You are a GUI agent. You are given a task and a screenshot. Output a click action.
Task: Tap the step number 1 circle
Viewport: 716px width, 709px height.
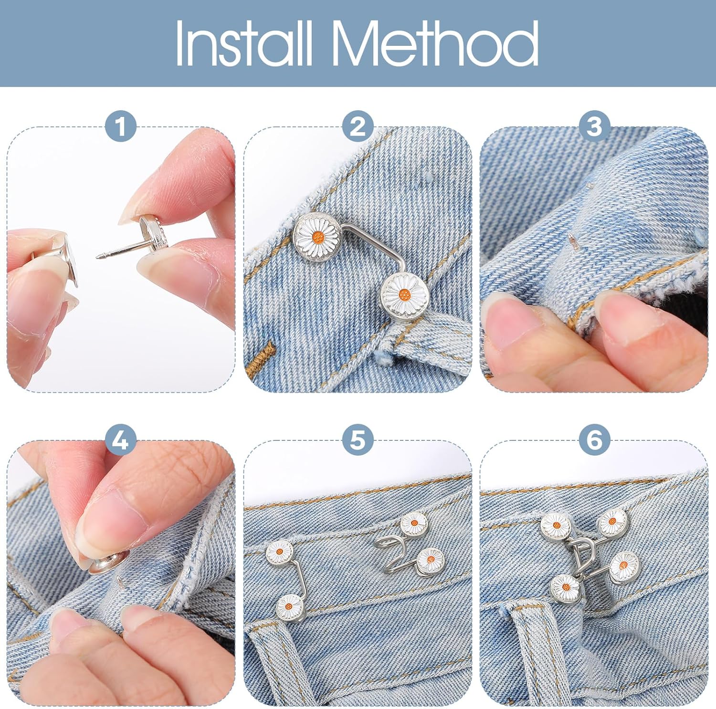click(x=121, y=126)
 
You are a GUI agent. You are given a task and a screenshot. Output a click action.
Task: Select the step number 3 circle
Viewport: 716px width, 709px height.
click(x=594, y=126)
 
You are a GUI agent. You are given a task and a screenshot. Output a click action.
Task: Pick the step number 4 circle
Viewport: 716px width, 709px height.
click(x=121, y=439)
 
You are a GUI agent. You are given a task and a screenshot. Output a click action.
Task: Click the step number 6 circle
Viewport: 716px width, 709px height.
click(x=594, y=439)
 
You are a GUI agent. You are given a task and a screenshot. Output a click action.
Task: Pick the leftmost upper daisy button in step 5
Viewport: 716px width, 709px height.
click(x=280, y=552)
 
